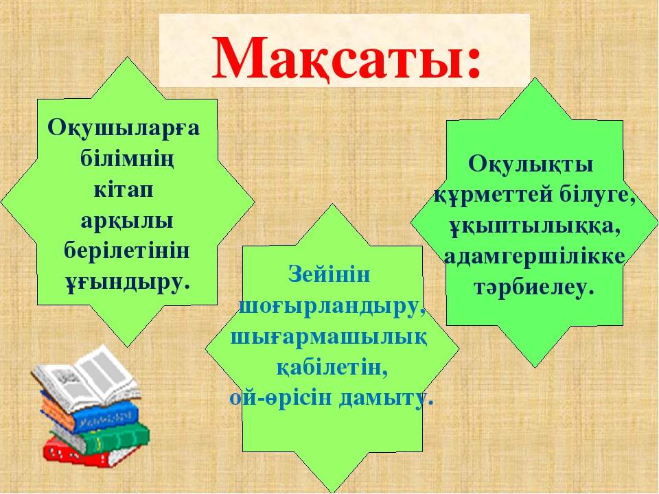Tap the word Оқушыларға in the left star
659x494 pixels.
(124, 128)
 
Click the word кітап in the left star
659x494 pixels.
(123, 190)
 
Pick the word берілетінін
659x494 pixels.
(127, 251)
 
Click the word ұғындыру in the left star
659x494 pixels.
(124, 282)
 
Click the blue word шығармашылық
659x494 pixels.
(329, 338)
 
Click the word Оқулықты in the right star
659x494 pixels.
(531, 165)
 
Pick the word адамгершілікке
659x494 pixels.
(535, 258)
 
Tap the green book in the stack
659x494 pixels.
(101, 439)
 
